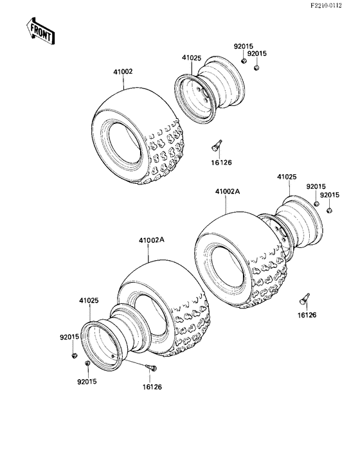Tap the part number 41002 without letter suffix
123,71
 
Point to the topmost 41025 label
191,58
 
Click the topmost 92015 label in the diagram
242,46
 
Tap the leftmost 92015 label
69,337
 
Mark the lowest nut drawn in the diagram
87,364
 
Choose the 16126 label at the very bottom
152,387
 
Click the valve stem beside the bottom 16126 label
152,368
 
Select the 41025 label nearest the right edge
287,175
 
